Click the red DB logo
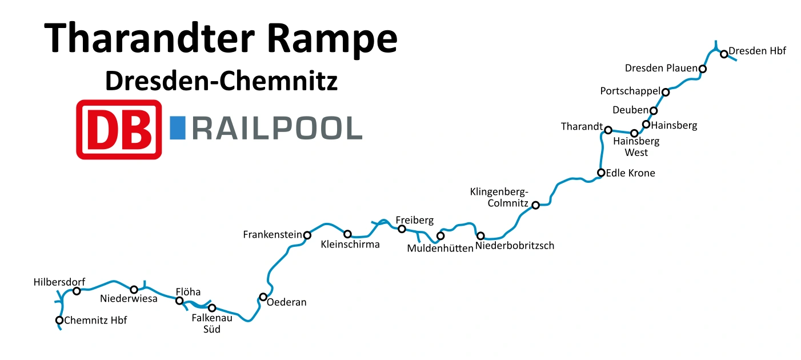click(119, 129)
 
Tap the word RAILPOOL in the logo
click(277, 129)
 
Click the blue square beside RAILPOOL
click(178, 128)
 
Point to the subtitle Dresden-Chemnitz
click(221, 82)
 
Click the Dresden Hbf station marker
click(724, 54)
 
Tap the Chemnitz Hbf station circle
click(59, 320)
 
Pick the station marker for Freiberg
click(402, 229)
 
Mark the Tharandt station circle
click(608, 130)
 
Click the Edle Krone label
click(630, 173)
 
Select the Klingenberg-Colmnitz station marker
click(535, 205)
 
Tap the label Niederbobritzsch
click(515, 246)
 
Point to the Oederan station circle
click(263, 297)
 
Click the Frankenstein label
click(273, 235)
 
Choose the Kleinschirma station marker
click(347, 234)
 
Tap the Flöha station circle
click(179, 301)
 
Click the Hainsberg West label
click(636, 147)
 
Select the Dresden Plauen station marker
click(703, 69)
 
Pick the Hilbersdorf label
click(59, 282)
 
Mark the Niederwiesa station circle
click(134, 289)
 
